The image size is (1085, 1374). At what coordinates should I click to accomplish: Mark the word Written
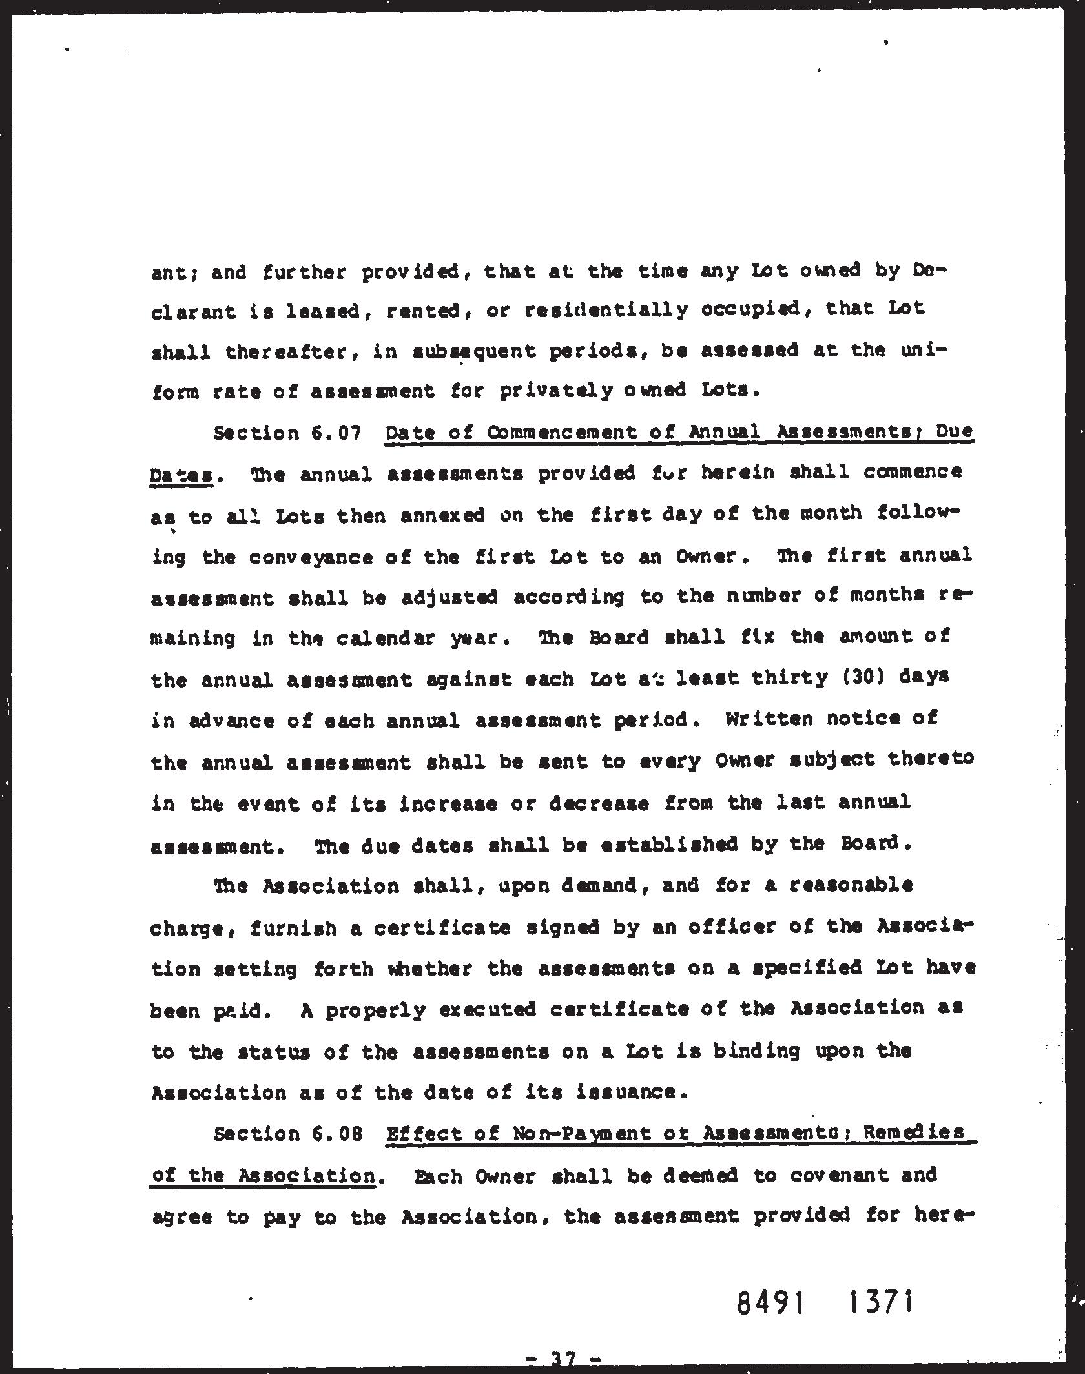[x=769, y=719]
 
